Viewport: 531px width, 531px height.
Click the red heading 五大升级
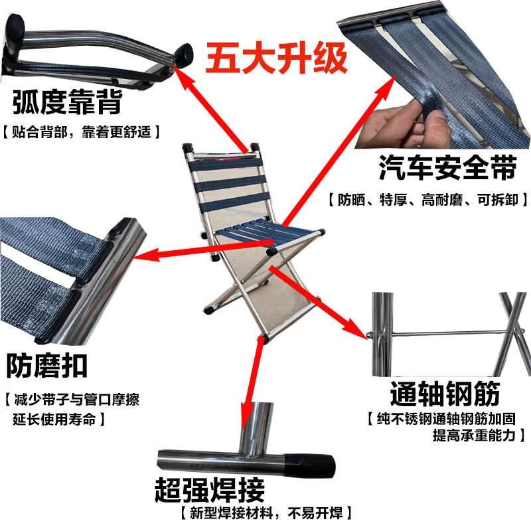[x=275, y=59]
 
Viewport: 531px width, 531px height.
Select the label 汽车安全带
[x=447, y=167]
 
